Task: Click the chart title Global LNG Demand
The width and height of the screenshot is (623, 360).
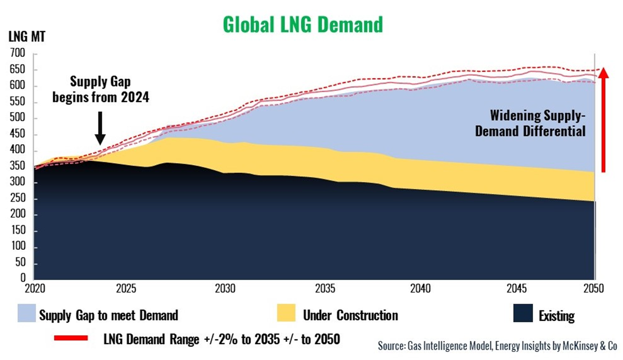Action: pyautogui.click(x=303, y=24)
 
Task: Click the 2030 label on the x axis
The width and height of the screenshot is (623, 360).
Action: pyautogui.click(x=225, y=290)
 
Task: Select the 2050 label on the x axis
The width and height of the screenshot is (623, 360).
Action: pyautogui.click(x=594, y=290)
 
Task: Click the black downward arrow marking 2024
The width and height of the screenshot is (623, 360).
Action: pyautogui.click(x=100, y=128)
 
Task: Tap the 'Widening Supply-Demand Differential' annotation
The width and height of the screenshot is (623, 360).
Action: pyautogui.click(x=538, y=123)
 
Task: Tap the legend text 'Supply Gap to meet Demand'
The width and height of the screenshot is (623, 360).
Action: pyautogui.click(x=109, y=316)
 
